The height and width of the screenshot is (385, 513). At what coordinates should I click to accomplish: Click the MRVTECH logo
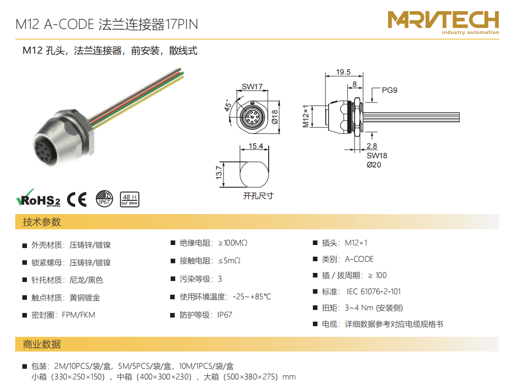click(x=443, y=22)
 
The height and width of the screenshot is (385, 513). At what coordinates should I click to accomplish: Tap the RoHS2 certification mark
click(x=38, y=198)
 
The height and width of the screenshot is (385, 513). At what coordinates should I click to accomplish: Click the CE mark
click(x=77, y=199)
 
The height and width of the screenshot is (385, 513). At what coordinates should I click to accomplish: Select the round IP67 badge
click(x=104, y=199)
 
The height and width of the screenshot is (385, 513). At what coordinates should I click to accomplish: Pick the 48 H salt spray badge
click(x=130, y=199)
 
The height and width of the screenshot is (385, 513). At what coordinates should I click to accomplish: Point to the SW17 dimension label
click(x=252, y=87)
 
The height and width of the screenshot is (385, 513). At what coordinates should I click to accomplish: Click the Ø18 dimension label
click(x=275, y=117)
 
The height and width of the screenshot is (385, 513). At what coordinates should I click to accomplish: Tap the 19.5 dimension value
click(x=343, y=72)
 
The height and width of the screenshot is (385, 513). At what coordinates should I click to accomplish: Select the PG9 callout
click(x=390, y=90)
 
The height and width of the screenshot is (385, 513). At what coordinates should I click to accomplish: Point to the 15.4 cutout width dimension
click(x=255, y=146)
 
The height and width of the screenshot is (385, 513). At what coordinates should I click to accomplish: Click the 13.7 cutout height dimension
click(x=219, y=172)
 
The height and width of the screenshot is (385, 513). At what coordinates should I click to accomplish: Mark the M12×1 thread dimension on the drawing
click(x=306, y=116)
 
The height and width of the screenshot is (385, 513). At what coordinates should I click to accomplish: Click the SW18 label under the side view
click(x=377, y=156)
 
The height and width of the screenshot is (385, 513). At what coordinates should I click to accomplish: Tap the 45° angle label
click(x=228, y=105)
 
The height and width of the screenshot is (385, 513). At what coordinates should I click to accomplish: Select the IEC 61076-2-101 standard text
click(x=374, y=292)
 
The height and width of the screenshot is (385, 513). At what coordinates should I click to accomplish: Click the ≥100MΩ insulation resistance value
click(x=233, y=243)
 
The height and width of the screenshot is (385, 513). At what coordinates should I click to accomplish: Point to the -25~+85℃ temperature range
click(x=252, y=297)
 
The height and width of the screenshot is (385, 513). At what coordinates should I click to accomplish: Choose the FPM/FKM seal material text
click(x=79, y=315)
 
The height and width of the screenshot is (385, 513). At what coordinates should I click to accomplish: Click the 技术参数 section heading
click(x=42, y=222)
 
